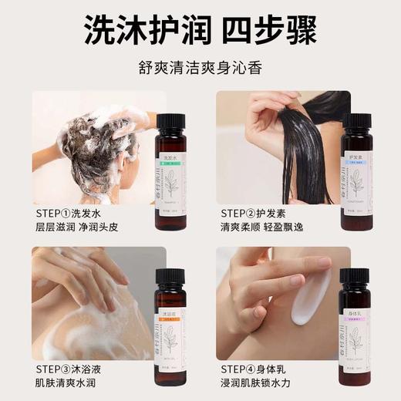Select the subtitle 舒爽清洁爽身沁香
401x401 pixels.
point(200,67)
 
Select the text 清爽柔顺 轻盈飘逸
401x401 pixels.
point(267,228)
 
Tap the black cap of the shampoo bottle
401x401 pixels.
point(170,121)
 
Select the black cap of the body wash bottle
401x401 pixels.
point(170,277)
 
